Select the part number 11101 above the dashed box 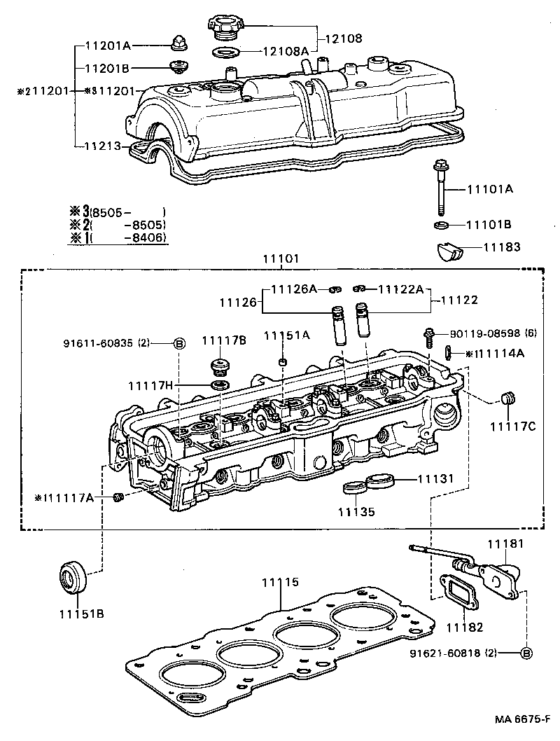point(281,258)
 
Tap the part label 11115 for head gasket point(280,581)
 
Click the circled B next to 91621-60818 point(526,653)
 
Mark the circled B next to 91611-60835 point(178,343)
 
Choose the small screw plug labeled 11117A point(118,497)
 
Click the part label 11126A point(294,289)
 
